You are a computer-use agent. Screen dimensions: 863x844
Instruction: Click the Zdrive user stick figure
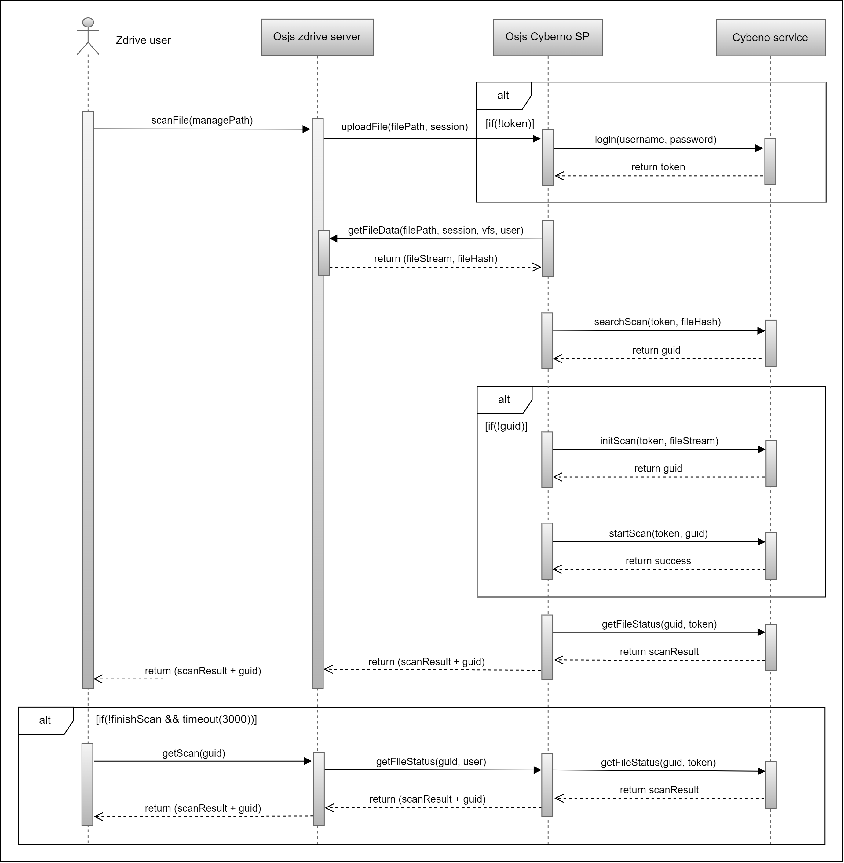point(88,36)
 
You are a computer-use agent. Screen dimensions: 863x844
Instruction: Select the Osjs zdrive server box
point(317,37)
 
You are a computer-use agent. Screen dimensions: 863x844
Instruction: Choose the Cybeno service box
point(770,38)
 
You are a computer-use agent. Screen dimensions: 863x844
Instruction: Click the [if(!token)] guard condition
point(510,124)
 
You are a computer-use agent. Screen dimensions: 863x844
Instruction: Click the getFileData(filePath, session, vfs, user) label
point(435,231)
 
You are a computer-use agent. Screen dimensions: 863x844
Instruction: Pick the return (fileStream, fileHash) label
point(435,259)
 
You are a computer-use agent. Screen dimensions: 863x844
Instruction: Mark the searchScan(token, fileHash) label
point(657,322)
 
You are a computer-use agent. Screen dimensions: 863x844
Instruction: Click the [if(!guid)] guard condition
point(506,426)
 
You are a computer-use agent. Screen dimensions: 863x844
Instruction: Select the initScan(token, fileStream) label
point(659,441)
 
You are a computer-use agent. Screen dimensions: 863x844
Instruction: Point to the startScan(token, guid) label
point(658,534)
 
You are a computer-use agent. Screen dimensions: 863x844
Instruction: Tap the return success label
point(658,561)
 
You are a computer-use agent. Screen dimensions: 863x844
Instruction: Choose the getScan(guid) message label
point(194,753)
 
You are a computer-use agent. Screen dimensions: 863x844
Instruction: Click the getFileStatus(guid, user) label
point(431,762)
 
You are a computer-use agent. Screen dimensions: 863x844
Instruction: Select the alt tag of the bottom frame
point(45,720)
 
